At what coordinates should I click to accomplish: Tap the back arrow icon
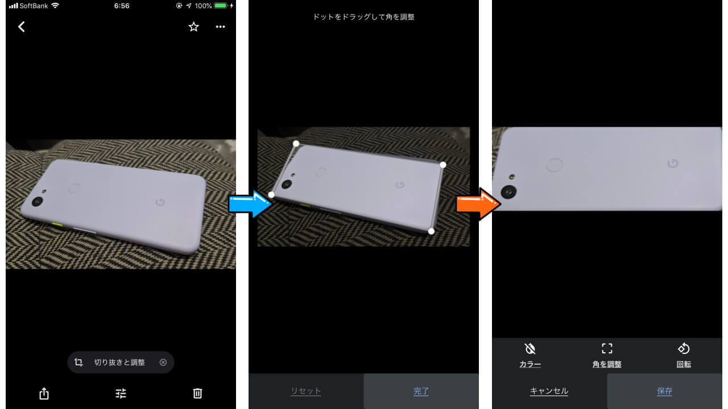[22, 27]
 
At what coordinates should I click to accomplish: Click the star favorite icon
[194, 27]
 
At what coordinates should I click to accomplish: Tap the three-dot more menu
[220, 27]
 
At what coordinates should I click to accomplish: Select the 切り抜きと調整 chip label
[119, 362]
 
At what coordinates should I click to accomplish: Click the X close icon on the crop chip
[163, 362]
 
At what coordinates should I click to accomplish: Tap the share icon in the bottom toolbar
[44, 394]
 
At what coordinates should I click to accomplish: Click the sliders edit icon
[121, 394]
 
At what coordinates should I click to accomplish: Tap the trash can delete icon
[197, 394]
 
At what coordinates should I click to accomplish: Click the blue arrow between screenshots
[250, 204]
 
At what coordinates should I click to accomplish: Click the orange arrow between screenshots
[478, 204]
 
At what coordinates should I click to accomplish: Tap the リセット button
[306, 391]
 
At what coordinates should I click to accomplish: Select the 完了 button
[421, 391]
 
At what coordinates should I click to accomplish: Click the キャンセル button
[549, 391]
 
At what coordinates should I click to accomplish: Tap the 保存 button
[665, 391]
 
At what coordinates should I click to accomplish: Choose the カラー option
[530, 356]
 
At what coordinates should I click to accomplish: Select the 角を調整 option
[607, 356]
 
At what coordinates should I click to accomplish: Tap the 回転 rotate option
[684, 356]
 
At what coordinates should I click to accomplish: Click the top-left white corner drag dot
[296, 144]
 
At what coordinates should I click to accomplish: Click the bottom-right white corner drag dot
[431, 231]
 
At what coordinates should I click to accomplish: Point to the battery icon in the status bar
[221, 6]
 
